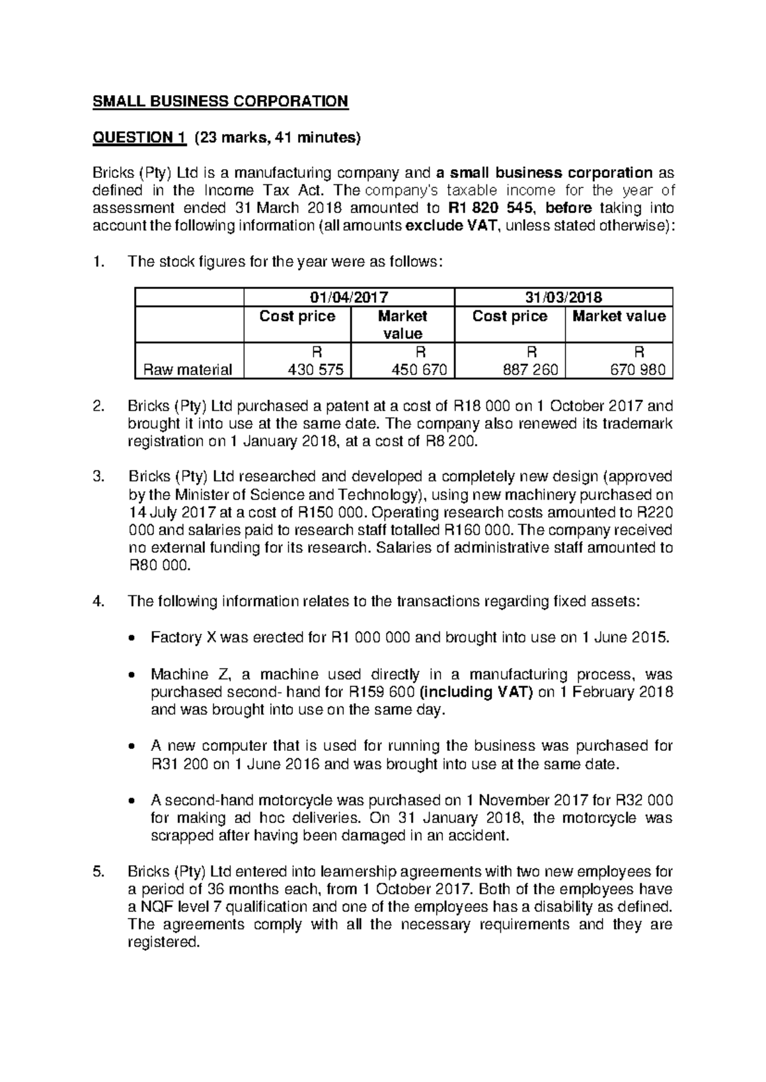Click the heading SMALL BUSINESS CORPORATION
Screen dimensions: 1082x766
221,101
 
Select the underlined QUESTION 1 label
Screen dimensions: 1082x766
139,137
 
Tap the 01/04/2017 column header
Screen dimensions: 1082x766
349,297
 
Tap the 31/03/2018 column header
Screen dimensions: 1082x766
563,297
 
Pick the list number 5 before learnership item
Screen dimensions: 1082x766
97,871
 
